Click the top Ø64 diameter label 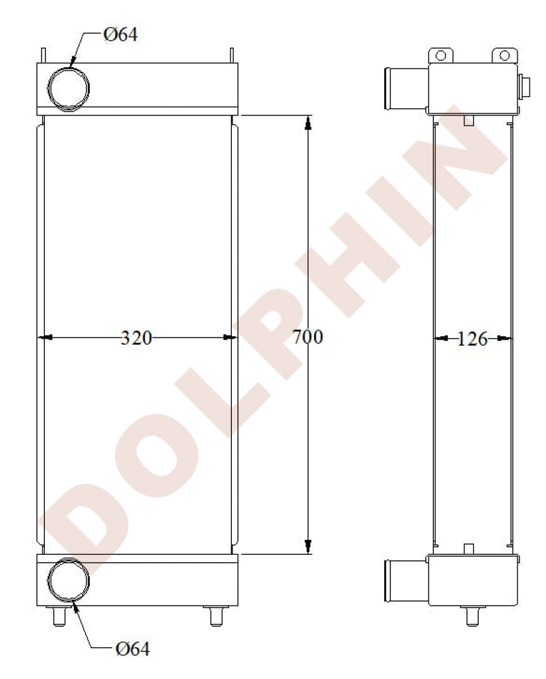(x=120, y=35)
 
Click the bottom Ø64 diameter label (x=133, y=648)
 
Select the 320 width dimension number (x=136, y=337)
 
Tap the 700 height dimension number (x=307, y=337)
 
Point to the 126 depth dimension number (x=473, y=339)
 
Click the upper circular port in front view (x=68, y=88)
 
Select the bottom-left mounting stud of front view (x=59, y=616)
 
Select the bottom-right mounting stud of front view (x=216, y=616)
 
